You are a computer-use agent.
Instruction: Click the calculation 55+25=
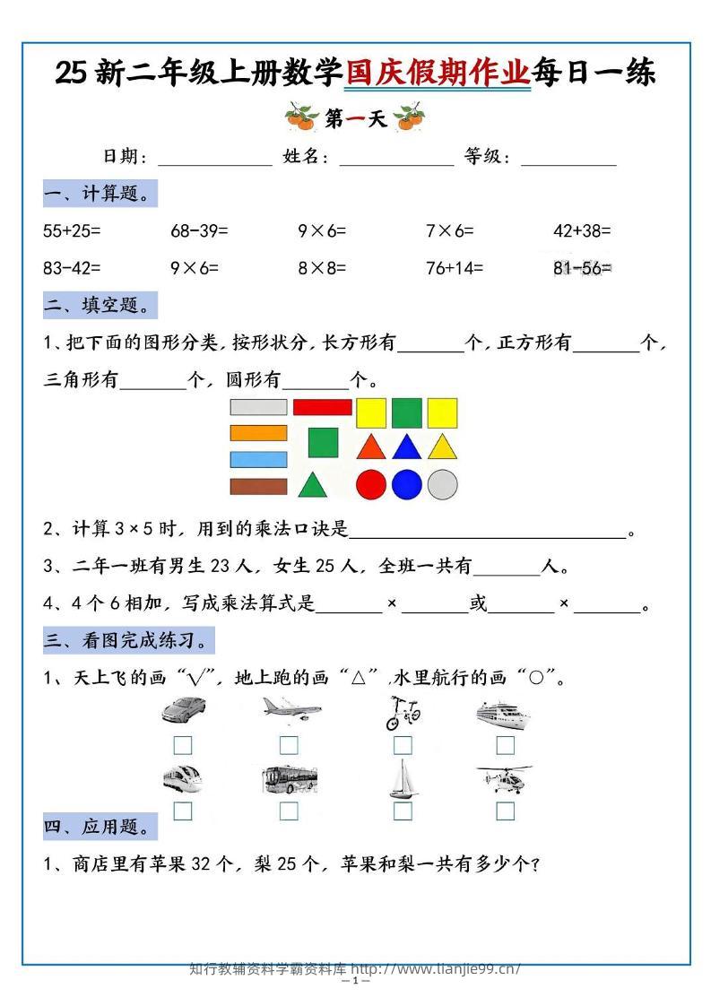click(x=72, y=230)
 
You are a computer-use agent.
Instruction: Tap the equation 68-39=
click(x=199, y=230)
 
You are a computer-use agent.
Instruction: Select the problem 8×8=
click(x=322, y=267)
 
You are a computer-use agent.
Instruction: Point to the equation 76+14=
click(x=454, y=267)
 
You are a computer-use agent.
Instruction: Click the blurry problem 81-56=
click(x=582, y=267)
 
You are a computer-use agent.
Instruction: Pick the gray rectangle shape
click(x=258, y=407)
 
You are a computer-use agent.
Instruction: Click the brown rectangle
click(x=258, y=486)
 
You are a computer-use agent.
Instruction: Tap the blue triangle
click(x=406, y=447)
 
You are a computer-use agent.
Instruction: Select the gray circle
click(x=442, y=484)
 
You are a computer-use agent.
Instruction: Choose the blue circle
click(x=406, y=484)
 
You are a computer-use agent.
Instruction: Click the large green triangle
click(x=311, y=485)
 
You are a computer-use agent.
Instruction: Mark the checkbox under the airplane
click(x=289, y=745)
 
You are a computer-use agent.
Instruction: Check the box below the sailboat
click(x=403, y=811)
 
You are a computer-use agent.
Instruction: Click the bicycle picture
click(x=403, y=712)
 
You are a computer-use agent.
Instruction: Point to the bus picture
click(x=289, y=779)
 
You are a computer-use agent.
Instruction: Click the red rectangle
click(x=322, y=407)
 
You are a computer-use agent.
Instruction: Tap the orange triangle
click(x=370, y=447)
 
